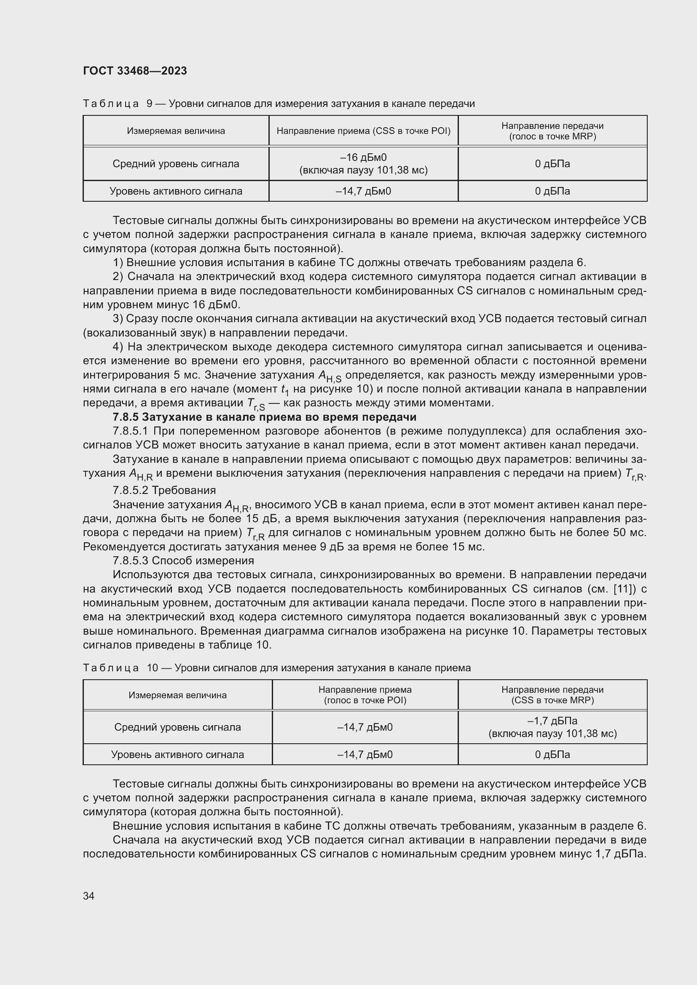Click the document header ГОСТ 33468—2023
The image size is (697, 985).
pos(135,71)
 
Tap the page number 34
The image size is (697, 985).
pos(89,896)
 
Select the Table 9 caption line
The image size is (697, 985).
pos(279,104)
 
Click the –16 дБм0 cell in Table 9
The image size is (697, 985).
pos(363,163)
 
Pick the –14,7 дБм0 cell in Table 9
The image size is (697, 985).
pos(363,191)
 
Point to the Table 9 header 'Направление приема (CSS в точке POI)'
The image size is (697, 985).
pos(363,131)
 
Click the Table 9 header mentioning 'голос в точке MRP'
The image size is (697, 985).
pos(552,131)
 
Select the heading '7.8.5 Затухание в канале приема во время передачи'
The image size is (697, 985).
pos(264,417)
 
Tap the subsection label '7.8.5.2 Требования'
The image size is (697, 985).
pos(164,490)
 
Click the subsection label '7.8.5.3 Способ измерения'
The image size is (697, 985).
pos(183,560)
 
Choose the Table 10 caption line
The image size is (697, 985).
pos(277,667)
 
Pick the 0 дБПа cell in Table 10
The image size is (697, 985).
pos(552,755)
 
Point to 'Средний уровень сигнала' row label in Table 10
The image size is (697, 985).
pos(177,727)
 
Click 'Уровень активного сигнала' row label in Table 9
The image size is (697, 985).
pos(176,191)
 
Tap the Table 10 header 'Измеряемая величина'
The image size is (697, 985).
pos(177,695)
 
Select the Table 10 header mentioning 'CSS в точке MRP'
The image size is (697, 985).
pos(552,695)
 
